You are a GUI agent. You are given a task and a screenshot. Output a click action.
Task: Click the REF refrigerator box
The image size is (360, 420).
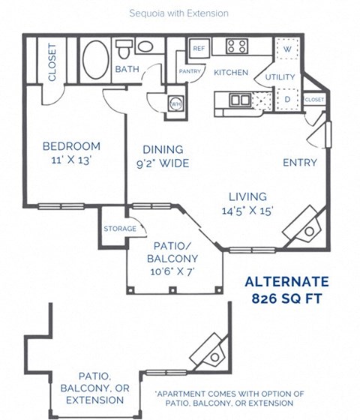point(199,48)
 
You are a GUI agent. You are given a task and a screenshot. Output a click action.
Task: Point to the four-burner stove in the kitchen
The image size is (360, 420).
point(237,46)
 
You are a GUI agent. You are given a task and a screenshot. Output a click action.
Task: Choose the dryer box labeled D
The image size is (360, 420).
point(287,98)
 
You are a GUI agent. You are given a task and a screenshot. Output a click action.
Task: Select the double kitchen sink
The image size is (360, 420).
point(240,99)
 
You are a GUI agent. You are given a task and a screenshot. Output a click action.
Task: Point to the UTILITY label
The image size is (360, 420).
point(280,77)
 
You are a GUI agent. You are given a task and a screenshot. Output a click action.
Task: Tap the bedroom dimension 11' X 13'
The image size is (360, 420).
point(71,160)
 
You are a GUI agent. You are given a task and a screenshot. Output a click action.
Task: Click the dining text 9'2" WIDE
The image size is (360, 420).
point(163,163)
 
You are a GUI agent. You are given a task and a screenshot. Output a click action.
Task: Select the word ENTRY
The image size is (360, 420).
point(299,163)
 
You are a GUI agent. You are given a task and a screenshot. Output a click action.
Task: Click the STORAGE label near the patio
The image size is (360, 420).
point(120,229)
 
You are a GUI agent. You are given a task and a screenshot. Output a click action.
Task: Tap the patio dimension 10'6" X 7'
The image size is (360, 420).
point(173,271)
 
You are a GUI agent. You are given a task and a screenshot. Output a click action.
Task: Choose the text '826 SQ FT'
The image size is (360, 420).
point(288,298)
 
